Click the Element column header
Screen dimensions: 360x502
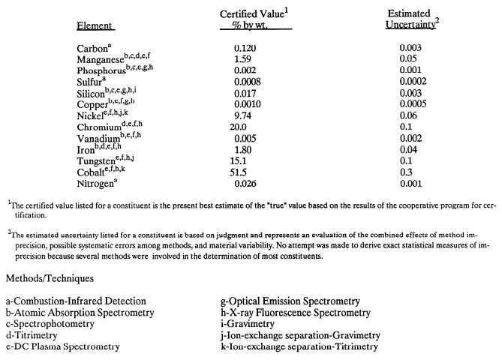pos(95,26)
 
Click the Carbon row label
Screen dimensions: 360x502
pos(92,49)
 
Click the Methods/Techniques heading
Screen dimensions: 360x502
pos(51,278)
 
